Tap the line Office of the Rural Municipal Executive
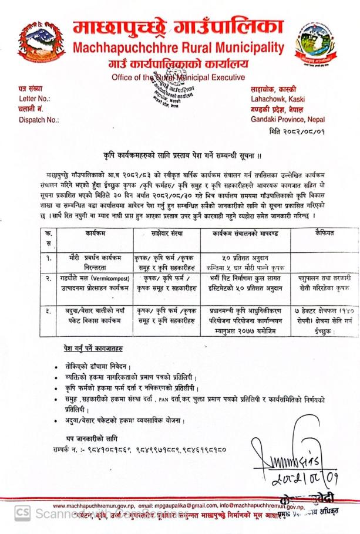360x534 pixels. point(177,76)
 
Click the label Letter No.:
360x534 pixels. point(35,99)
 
